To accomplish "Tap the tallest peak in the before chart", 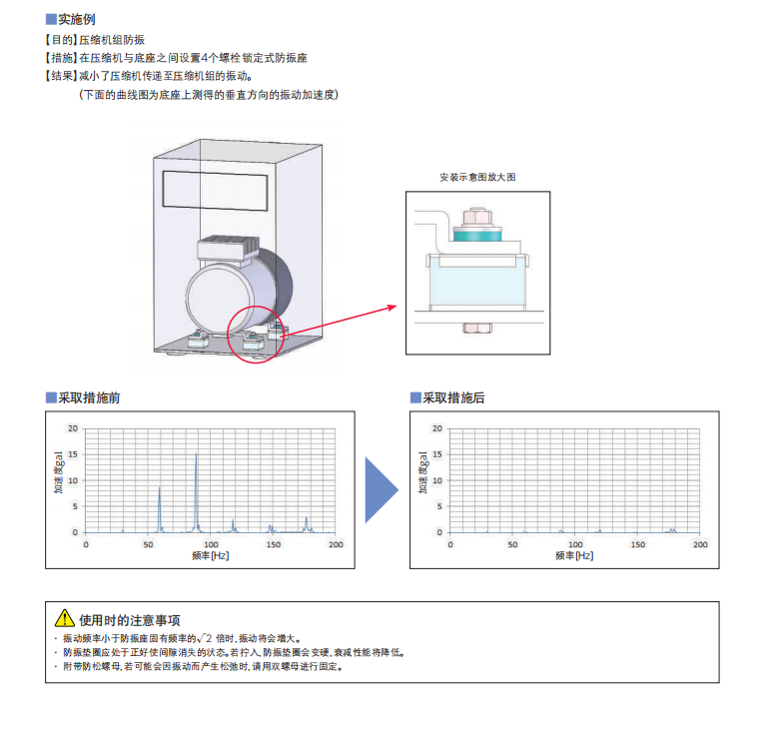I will pyautogui.click(x=197, y=454).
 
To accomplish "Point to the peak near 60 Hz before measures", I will pyautogui.click(x=160, y=488).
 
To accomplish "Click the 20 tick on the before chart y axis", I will pyautogui.click(x=73, y=427).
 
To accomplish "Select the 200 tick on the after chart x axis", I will pyautogui.click(x=699, y=544).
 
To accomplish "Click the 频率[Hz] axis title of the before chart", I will pyautogui.click(x=210, y=555).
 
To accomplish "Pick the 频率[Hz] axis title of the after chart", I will pyautogui.click(x=574, y=555).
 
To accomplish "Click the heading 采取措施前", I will pyautogui.click(x=89, y=397).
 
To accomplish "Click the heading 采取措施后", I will pyautogui.click(x=453, y=397).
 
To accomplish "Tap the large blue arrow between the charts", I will pyautogui.click(x=381, y=489).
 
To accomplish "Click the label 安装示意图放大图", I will pyautogui.click(x=477, y=177).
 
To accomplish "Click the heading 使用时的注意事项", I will pyautogui.click(x=130, y=619).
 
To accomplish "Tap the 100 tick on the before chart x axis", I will pyautogui.click(x=210, y=544).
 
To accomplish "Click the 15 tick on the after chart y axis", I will pyautogui.click(x=437, y=453).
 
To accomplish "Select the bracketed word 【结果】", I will pyautogui.click(x=61, y=76).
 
